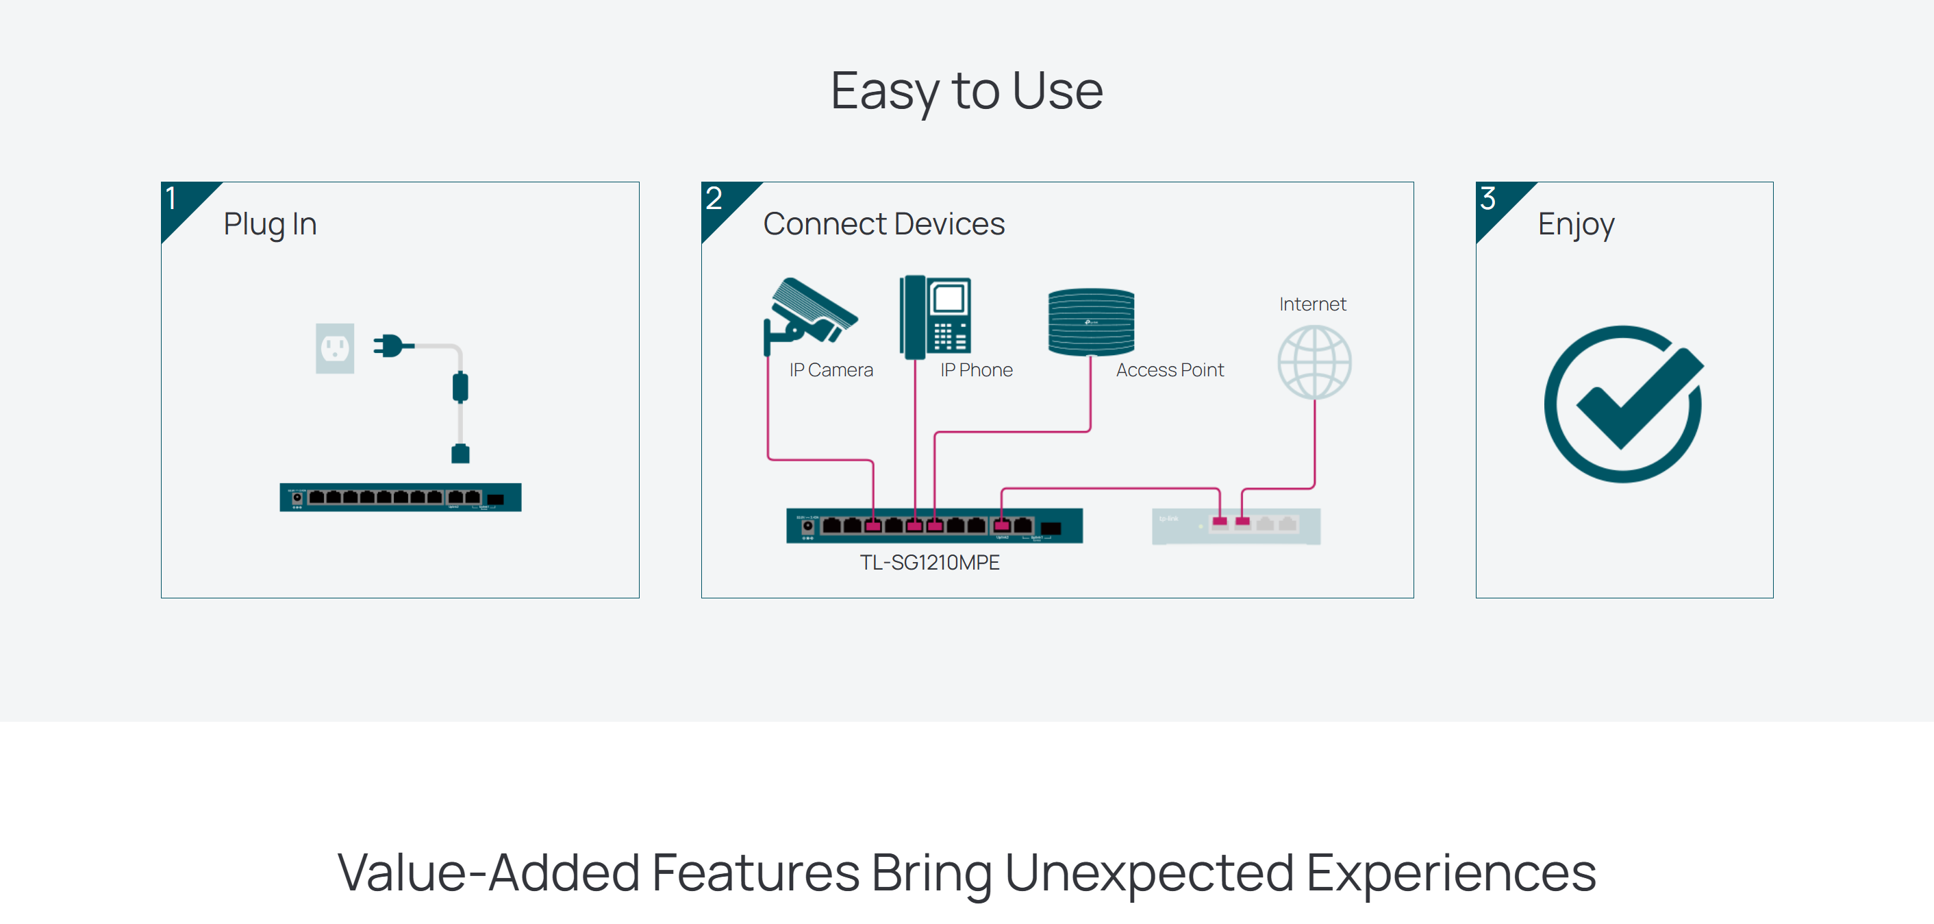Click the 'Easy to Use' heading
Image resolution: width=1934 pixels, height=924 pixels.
click(966, 91)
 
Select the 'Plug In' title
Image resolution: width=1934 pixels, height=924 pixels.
click(270, 224)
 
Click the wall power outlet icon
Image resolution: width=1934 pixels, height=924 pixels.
click(335, 348)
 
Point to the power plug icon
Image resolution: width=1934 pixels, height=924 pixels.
click(392, 345)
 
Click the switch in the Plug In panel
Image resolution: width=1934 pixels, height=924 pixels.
click(400, 498)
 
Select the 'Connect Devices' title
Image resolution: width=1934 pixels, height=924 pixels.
click(883, 224)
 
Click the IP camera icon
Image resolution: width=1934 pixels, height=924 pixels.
click(809, 314)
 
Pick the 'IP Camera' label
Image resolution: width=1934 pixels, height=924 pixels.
click(831, 370)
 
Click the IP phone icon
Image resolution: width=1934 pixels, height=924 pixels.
click(935, 316)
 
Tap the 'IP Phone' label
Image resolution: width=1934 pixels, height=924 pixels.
click(976, 370)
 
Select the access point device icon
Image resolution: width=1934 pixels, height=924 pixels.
click(1091, 321)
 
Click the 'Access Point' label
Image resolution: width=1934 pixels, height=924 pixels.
click(1170, 370)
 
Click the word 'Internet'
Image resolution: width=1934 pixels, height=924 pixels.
click(1312, 304)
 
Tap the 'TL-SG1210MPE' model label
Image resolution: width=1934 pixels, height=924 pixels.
click(929, 563)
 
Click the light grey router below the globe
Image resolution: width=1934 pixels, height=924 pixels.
click(1235, 526)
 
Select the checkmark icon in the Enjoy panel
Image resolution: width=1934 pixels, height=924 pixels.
click(1624, 404)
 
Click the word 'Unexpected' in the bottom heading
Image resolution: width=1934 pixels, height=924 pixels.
click(1149, 873)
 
